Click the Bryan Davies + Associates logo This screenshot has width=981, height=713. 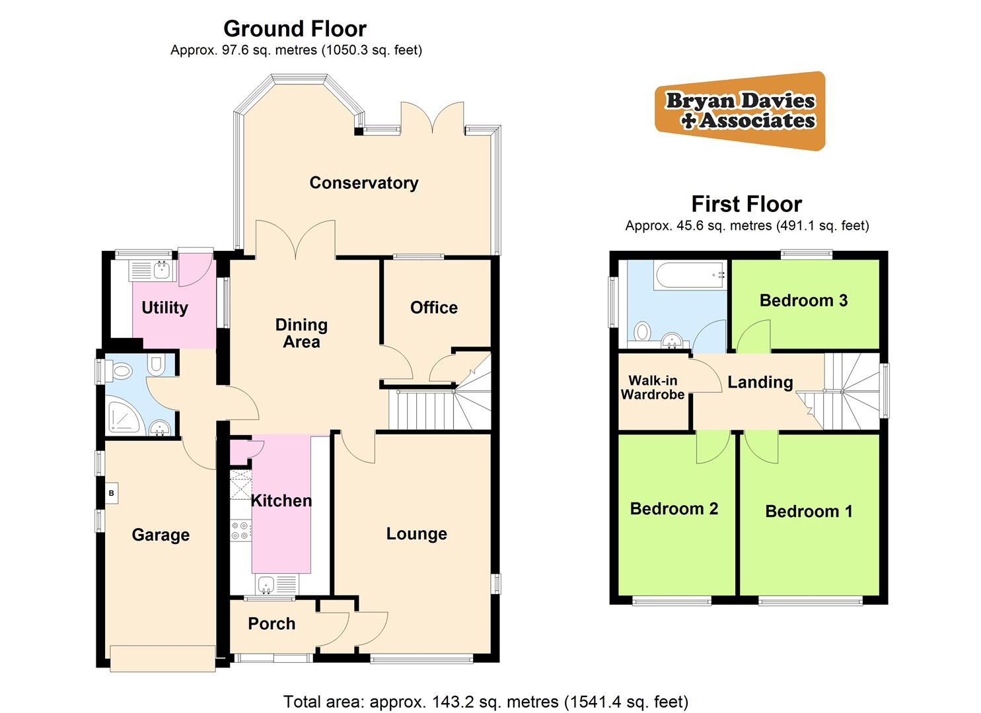740,111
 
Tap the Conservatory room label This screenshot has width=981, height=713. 363,183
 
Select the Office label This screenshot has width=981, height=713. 433,308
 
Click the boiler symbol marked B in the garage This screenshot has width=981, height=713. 112,493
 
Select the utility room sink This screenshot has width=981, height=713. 161,269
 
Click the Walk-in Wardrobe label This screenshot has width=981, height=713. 652,388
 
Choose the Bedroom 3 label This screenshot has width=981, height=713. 803,300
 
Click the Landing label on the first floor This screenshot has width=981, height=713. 760,382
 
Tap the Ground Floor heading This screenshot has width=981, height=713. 295,29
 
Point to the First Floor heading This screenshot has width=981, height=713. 746,204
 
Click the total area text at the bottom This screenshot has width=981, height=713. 486,701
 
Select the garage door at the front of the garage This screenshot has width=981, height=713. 163,658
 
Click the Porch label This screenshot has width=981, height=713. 272,624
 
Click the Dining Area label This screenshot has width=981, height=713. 301,333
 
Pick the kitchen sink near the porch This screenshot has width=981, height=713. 268,584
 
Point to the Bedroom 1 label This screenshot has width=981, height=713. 809,512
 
